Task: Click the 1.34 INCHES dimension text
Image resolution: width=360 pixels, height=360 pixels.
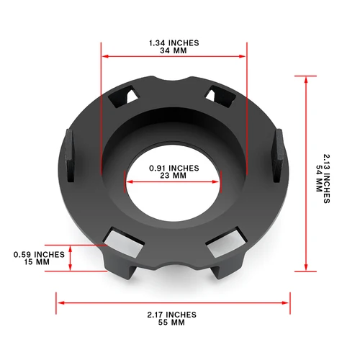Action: (174, 43)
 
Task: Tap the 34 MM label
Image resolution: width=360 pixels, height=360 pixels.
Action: (174, 52)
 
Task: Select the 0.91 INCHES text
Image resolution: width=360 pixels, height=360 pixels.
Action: (173, 168)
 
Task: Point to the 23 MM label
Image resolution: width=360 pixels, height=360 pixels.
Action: (173, 176)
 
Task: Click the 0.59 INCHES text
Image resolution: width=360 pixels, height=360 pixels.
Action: (40, 254)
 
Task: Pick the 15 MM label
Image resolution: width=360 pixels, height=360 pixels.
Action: (40, 262)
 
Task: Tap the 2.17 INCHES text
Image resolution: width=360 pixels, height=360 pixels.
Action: (174, 315)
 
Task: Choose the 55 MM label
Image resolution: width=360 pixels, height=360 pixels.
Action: (174, 323)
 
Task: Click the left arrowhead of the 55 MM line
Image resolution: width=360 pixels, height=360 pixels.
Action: (60, 302)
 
